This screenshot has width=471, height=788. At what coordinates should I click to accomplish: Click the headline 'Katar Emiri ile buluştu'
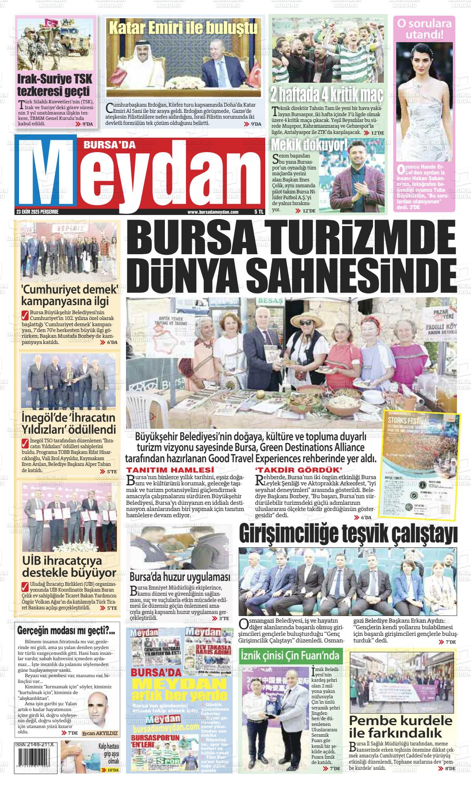(183, 28)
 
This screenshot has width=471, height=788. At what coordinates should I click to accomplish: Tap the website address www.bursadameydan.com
(213, 212)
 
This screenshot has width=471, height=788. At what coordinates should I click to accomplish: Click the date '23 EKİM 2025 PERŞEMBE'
(37, 212)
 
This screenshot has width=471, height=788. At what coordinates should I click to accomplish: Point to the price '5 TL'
(259, 212)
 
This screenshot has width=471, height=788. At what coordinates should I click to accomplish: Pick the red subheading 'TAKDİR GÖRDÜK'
(300, 470)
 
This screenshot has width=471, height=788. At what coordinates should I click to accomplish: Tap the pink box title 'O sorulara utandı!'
(424, 29)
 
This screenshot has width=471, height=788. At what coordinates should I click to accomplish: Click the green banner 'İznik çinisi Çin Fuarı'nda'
(290, 655)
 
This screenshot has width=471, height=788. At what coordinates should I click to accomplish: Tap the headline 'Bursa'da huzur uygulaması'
(180, 577)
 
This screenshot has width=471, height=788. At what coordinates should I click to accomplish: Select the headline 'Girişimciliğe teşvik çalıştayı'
(348, 534)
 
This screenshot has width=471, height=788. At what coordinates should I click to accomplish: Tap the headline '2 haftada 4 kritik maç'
(326, 94)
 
